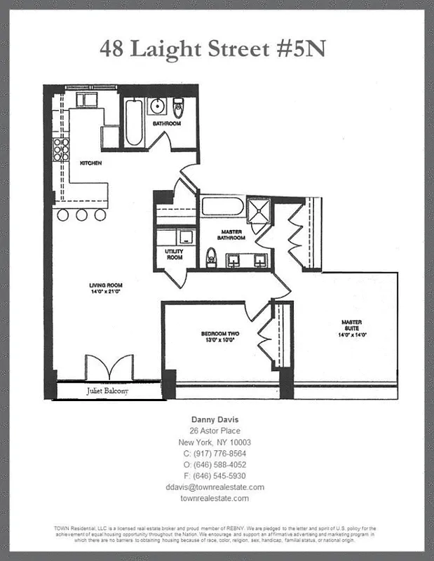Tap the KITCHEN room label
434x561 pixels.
pyautogui.click(x=90, y=163)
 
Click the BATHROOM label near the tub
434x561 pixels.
pyautogui.click(x=167, y=123)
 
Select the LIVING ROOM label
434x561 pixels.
pyautogui.click(x=106, y=285)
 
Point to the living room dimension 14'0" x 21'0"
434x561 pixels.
pyautogui.click(x=106, y=292)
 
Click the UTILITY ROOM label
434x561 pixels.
pyautogui.click(x=173, y=254)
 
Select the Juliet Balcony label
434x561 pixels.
pyautogui.click(x=108, y=391)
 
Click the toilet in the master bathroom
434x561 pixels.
pyautogui.click(x=210, y=258)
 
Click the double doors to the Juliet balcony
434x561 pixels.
pyautogui.click(x=109, y=367)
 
